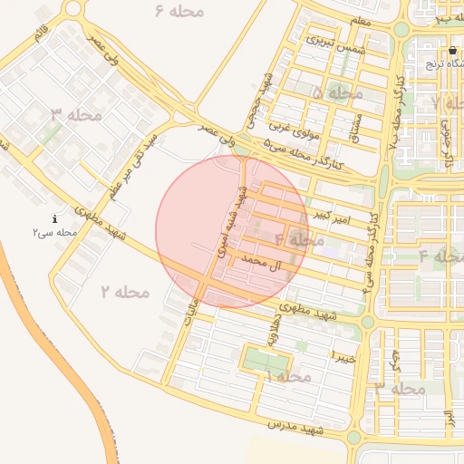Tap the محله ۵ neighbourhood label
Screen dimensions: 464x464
pos(336,93)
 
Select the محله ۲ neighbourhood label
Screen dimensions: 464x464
pos(124,292)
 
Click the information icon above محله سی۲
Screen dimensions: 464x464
pos(55,218)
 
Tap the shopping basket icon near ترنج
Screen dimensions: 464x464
pos(452,50)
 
